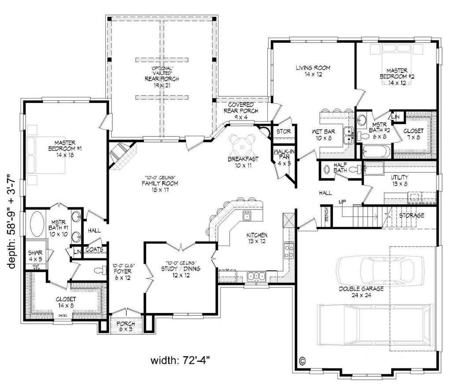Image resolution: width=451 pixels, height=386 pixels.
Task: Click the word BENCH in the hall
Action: (x=326, y=214)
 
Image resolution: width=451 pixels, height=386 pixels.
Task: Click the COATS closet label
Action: (x=94, y=250)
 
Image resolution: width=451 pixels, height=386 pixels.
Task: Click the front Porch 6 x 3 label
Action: (x=126, y=327)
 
